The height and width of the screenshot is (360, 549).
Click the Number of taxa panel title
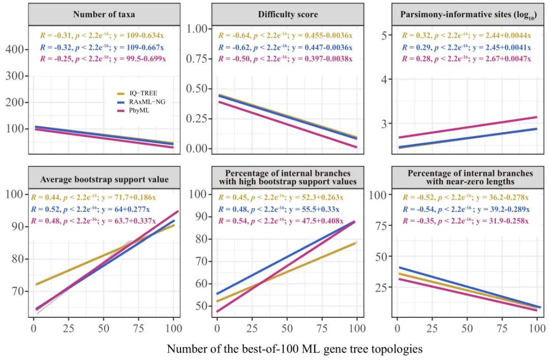[x=104, y=14]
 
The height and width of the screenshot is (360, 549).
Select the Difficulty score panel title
[x=288, y=14]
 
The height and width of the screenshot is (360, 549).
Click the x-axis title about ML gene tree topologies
[x=295, y=349]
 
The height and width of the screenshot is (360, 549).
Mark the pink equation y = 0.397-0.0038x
[x=323, y=58]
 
